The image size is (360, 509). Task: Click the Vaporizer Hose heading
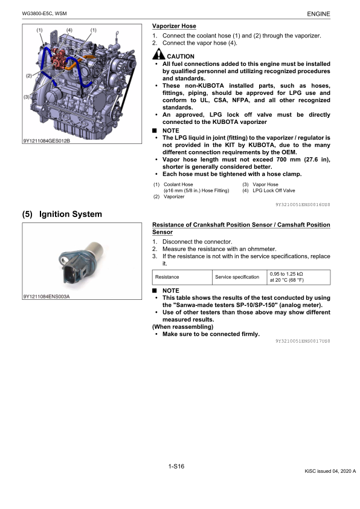point(174,26)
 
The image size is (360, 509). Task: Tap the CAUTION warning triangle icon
point(159,54)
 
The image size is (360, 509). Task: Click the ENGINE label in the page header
point(318,14)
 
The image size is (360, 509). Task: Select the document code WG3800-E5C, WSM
point(45,14)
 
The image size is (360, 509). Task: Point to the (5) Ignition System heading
point(62,214)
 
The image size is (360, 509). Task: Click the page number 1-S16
point(176,467)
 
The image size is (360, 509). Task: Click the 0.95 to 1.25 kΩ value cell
point(299,277)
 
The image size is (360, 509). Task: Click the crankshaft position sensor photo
point(82,262)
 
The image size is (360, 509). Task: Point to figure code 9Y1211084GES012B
point(47,141)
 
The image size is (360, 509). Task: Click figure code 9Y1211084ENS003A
point(47,296)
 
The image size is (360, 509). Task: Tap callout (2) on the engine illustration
point(29,76)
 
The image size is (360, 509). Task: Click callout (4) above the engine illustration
point(69,30)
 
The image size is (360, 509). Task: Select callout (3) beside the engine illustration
point(27,97)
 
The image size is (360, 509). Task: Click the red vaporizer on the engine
point(59,59)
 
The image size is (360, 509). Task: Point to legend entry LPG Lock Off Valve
point(274,190)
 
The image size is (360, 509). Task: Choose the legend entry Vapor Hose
point(265,184)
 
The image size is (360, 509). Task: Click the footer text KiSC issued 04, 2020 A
point(330,471)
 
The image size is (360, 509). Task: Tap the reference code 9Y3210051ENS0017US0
point(303,341)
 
